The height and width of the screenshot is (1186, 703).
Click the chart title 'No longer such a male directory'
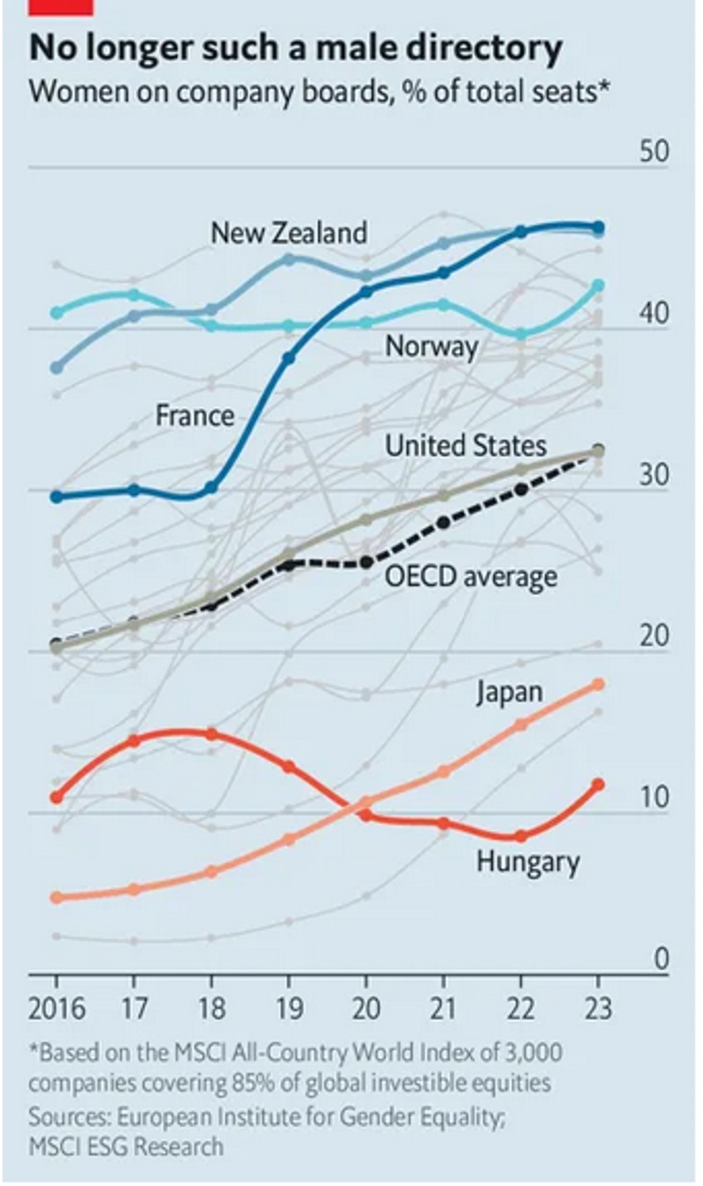click(295, 50)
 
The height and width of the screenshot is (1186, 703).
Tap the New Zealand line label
click(289, 233)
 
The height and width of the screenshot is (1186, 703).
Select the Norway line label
click(431, 346)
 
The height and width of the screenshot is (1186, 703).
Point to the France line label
click(195, 415)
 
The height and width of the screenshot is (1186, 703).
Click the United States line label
click(466, 446)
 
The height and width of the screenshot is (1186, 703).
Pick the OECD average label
click(471, 576)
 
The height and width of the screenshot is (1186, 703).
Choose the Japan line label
click(509, 693)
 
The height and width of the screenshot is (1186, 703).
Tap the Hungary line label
click(528, 862)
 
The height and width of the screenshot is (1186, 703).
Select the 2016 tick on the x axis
click(56, 1009)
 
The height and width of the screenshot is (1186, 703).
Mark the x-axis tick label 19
click(289, 1009)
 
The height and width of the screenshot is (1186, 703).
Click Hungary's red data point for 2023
click(599, 784)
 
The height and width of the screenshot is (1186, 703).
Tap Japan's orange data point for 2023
click(599, 684)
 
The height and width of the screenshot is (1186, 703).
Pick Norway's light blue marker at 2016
click(56, 313)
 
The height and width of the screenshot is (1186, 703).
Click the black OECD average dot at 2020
click(367, 563)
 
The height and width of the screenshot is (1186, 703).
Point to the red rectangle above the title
click(61, 7)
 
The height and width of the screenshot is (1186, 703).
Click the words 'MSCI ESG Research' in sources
click(126, 1146)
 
